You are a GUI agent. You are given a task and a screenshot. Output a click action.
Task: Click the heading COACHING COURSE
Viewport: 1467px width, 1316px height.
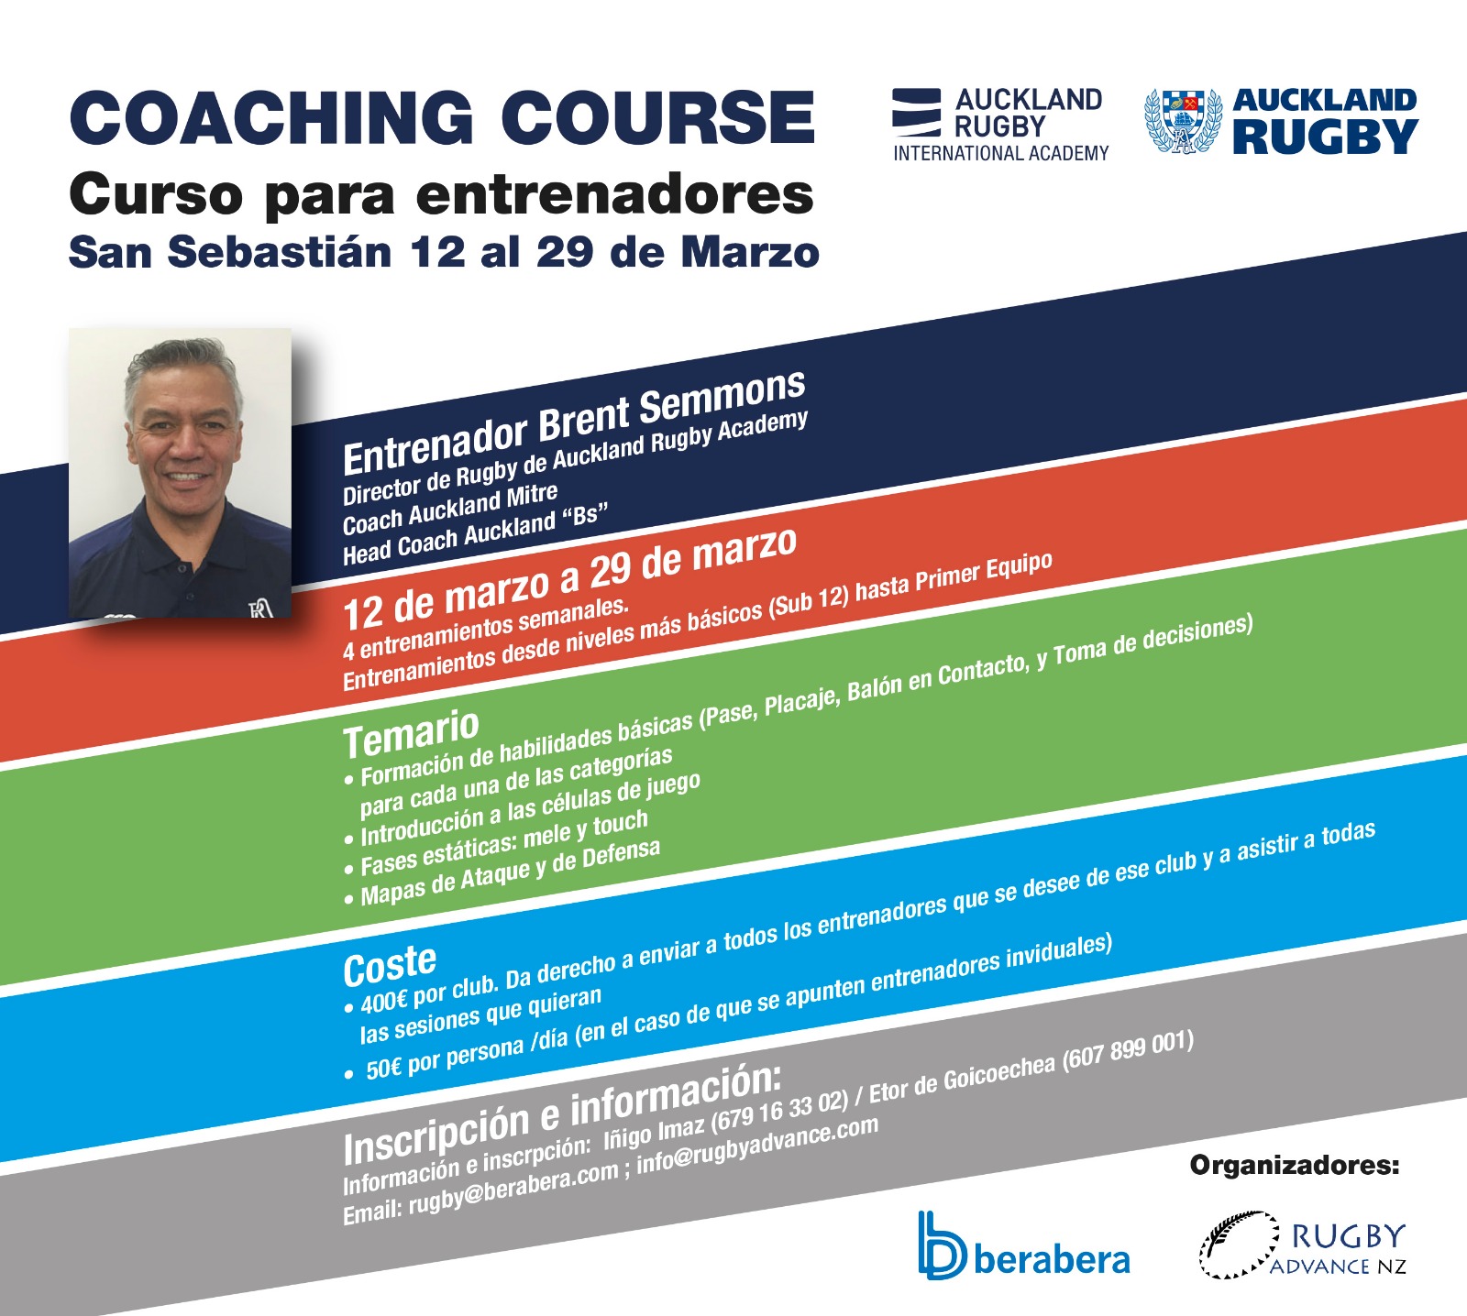point(442,117)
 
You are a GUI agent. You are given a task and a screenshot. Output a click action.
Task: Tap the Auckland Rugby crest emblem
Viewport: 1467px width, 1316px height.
point(1183,121)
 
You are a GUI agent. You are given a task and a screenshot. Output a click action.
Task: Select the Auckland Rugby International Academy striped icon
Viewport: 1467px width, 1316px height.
point(916,113)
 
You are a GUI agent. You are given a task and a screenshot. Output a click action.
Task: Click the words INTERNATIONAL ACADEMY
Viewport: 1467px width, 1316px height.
point(1001,153)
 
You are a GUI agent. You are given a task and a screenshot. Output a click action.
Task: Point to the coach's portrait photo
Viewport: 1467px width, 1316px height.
point(180,473)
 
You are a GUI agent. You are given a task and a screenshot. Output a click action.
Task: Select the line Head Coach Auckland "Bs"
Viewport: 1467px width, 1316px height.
point(476,534)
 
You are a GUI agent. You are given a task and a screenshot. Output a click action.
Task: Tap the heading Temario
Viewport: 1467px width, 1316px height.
point(411,735)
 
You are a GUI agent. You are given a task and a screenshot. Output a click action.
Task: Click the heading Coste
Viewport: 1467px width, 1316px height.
point(390,966)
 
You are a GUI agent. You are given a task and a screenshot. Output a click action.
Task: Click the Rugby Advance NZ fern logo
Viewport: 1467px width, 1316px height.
point(1302,1245)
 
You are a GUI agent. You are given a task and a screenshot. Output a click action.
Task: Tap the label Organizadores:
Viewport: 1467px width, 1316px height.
point(1295,1166)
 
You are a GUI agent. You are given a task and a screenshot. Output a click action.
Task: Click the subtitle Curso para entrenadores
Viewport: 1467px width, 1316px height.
point(442,194)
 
